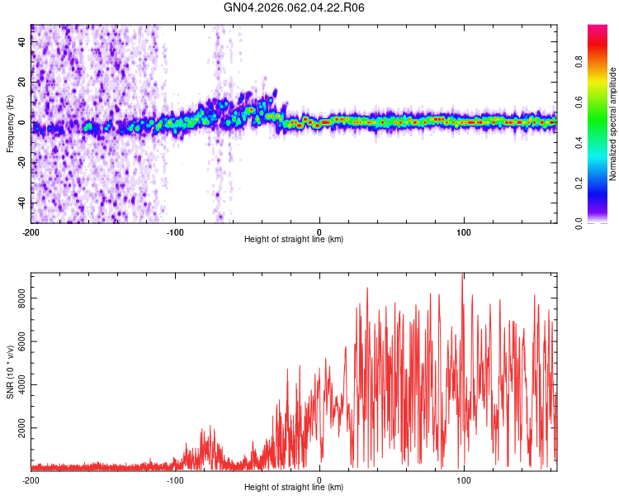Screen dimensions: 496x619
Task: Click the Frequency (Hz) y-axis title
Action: [10, 123]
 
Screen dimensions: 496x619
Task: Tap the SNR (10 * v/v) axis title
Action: [10, 371]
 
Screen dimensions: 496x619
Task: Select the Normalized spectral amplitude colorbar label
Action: [612, 123]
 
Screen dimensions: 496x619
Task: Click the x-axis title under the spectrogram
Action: [294, 239]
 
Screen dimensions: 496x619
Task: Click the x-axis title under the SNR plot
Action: [294, 487]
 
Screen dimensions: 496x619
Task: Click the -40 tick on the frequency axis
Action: [21, 203]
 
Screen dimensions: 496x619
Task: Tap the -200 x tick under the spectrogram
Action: [31, 231]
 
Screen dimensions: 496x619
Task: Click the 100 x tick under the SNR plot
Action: [464, 479]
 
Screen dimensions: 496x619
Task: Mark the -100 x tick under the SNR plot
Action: [175, 479]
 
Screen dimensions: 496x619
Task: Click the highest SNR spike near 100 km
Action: [462, 275]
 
